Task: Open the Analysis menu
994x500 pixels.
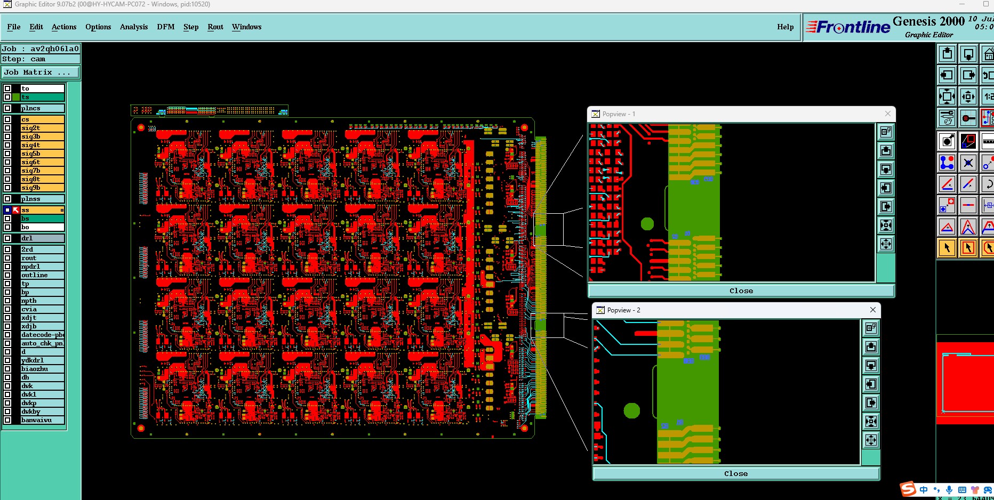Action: pyautogui.click(x=133, y=27)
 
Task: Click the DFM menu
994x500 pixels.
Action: pyautogui.click(x=165, y=27)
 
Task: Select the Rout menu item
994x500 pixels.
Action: pyautogui.click(x=215, y=27)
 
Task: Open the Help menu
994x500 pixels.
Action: pyautogui.click(x=785, y=27)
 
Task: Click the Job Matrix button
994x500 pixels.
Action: pyautogui.click(x=41, y=72)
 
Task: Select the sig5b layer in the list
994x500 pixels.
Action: pyautogui.click(x=42, y=154)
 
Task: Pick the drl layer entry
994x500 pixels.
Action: pyautogui.click(x=42, y=238)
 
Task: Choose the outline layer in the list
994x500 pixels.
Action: pyautogui.click(x=42, y=275)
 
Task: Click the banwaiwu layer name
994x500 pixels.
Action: pyautogui.click(x=42, y=420)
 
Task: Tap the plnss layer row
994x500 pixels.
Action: pyautogui.click(x=42, y=199)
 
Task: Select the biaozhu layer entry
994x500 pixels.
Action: pyautogui.click(x=42, y=369)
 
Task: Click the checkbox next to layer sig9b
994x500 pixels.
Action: pyautogui.click(x=7, y=188)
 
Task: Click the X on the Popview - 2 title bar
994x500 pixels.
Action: pyautogui.click(x=873, y=310)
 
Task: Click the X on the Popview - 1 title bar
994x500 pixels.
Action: pyautogui.click(x=888, y=114)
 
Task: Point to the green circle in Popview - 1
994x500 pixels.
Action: pyautogui.click(x=647, y=223)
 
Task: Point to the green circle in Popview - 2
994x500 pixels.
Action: pyautogui.click(x=632, y=410)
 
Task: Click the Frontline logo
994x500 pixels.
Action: pyautogui.click(x=848, y=27)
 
